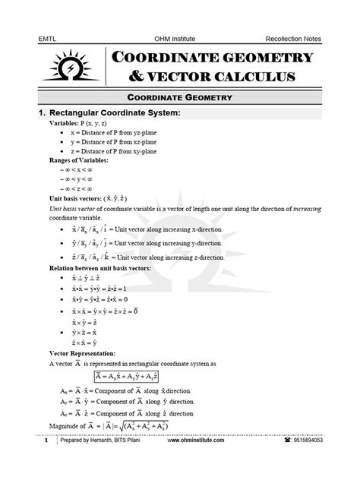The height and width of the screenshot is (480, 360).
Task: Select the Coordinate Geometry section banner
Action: (179, 98)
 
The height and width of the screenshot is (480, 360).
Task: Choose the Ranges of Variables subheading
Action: (79, 160)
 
